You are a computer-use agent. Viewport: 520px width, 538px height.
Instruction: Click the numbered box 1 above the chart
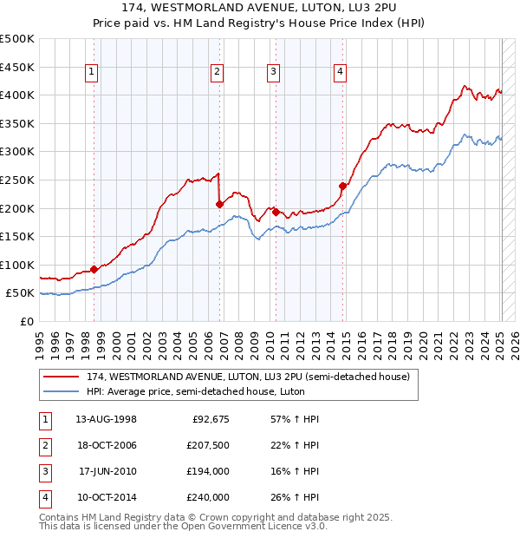tap(92, 72)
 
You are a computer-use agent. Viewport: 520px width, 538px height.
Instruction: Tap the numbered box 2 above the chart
tap(217, 72)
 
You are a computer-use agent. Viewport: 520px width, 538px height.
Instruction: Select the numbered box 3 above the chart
tap(273, 72)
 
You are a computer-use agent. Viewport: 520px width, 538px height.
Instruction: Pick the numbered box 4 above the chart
tap(341, 72)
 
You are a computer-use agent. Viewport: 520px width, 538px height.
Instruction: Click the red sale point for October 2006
tap(219, 205)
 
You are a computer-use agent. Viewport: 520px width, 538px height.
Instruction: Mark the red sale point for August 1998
tap(94, 269)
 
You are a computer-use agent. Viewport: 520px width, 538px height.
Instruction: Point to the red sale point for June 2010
tap(276, 212)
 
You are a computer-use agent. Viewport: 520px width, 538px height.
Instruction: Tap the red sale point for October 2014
tap(342, 186)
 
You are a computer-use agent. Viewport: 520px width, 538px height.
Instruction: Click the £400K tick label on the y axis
tap(17, 95)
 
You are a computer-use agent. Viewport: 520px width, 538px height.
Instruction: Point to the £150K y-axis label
tap(17, 236)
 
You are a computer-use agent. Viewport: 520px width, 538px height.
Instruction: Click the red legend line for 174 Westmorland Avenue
tap(62, 377)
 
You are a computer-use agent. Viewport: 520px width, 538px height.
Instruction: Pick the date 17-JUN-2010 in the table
tap(107, 471)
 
